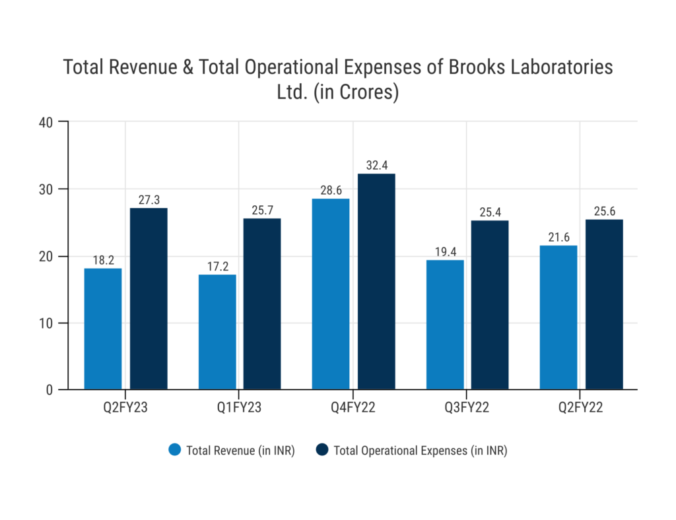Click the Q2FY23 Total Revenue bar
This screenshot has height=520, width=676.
pyautogui.click(x=103, y=329)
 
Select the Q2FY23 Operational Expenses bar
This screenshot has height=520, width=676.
pyautogui.click(x=149, y=298)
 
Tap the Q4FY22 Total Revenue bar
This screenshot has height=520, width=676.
pyautogui.click(x=331, y=294)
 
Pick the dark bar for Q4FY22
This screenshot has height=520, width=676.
pyautogui.click(x=376, y=281)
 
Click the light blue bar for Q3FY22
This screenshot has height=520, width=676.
pyautogui.click(x=445, y=325)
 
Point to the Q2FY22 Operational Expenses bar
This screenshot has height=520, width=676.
pyautogui.click(x=604, y=304)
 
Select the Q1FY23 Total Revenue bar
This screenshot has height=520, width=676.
pyautogui.click(x=217, y=332)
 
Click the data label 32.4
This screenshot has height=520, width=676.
pyautogui.click(x=376, y=164)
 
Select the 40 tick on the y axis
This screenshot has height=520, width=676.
pyautogui.click(x=46, y=122)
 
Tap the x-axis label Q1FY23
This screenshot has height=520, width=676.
pyautogui.click(x=239, y=408)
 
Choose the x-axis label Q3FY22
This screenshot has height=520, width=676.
pyautogui.click(x=467, y=408)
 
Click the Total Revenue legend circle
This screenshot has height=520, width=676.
pyautogui.click(x=175, y=450)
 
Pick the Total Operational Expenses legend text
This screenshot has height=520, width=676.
pyautogui.click(x=420, y=451)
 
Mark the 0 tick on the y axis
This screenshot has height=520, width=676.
pyautogui.click(x=50, y=390)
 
